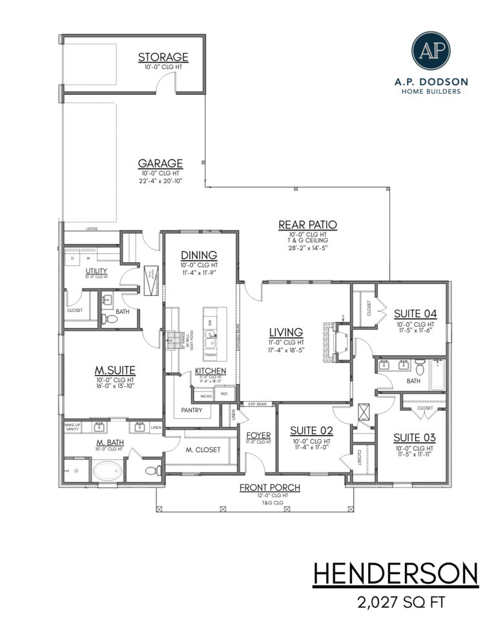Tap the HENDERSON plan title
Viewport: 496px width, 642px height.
tap(396, 574)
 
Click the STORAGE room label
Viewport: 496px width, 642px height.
tap(163, 58)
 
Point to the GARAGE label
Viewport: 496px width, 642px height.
tap(160, 163)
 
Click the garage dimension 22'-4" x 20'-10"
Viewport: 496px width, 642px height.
tap(160, 181)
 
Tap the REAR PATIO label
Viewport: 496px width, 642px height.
tap(308, 225)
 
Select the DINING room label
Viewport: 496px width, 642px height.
tap(198, 255)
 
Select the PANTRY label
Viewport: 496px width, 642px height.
tap(191, 410)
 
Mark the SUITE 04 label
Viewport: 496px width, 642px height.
tap(415, 314)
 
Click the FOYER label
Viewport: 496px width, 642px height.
tap(258, 435)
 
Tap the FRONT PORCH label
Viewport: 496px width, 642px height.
tap(269, 487)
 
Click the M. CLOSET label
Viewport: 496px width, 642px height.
tap(203, 450)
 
